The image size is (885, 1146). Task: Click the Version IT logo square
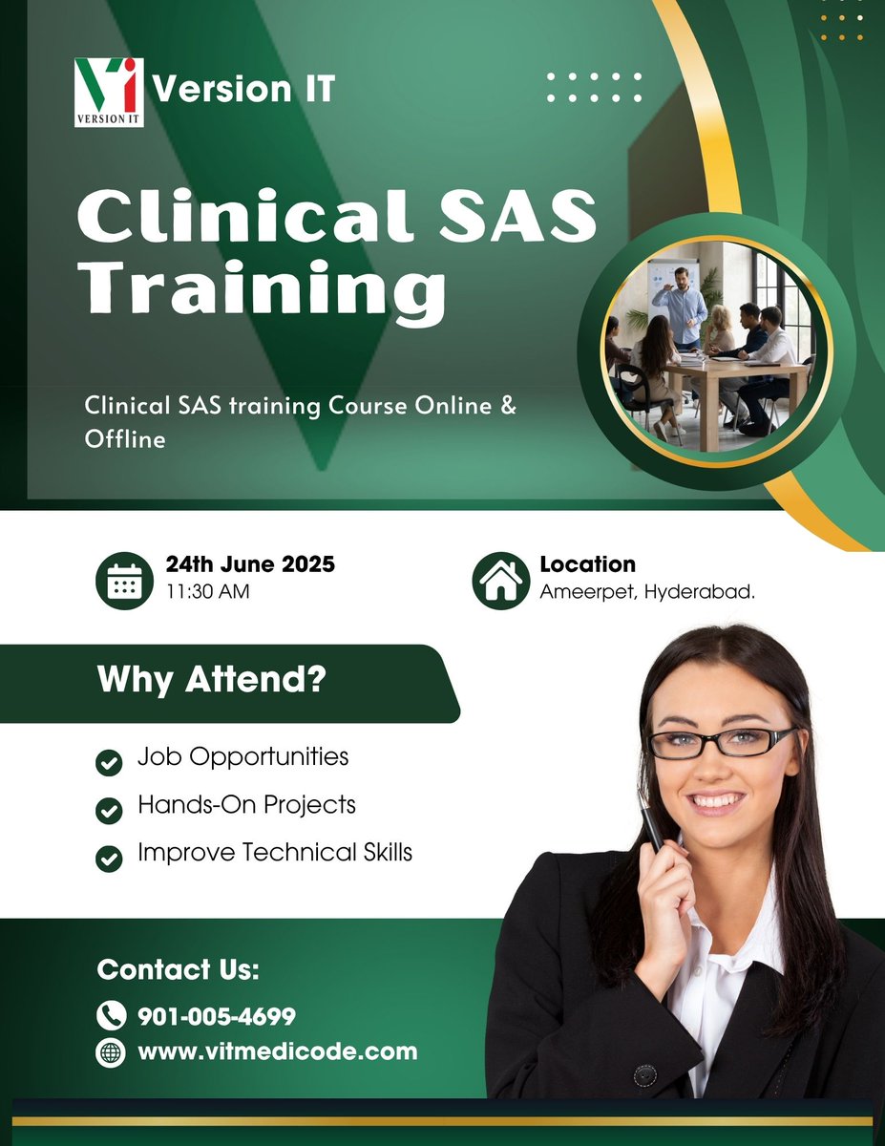coord(109,92)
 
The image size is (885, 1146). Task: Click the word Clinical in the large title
coord(243,219)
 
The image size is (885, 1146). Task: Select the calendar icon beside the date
coord(124,581)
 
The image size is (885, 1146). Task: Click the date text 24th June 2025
coord(250,564)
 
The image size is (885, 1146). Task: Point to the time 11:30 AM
coord(207,592)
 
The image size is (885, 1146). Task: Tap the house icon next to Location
coord(501,581)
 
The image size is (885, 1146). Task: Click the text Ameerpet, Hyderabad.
coord(647,592)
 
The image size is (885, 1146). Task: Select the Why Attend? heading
coord(211,682)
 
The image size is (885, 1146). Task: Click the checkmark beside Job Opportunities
coord(110,762)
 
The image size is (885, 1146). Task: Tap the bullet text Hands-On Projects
coord(246,804)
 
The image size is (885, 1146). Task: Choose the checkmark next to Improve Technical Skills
coord(110,858)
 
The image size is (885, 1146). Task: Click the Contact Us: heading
coord(179,969)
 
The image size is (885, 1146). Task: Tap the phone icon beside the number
coord(112,1014)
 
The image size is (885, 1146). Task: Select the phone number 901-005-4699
coord(217,1016)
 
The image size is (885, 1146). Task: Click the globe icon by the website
coord(112,1052)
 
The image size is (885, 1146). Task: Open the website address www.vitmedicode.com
coord(278,1051)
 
